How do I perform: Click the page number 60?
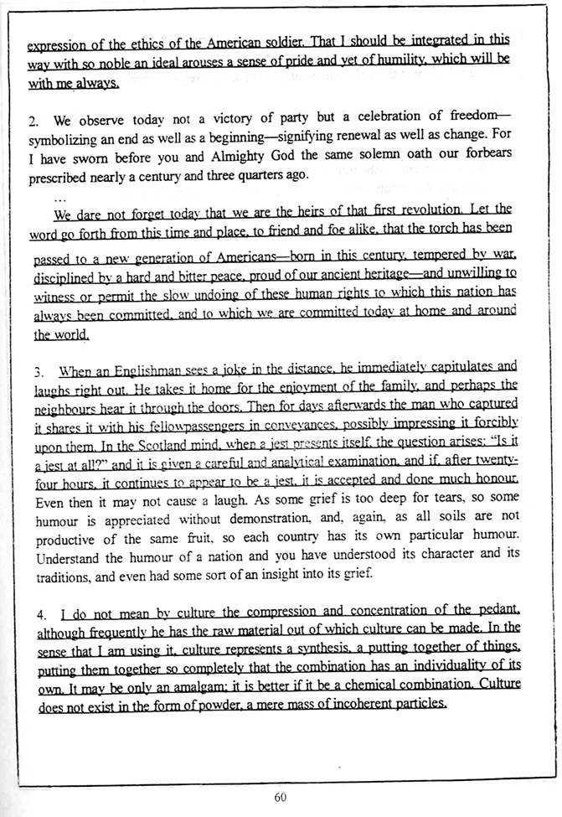point(280,797)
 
